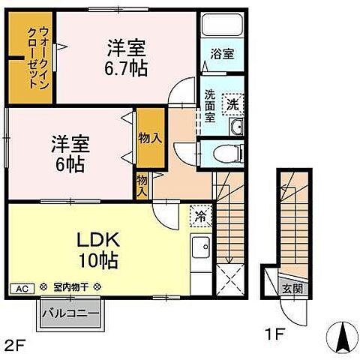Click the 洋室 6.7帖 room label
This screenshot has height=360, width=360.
point(127,57)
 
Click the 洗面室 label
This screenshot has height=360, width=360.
point(211,106)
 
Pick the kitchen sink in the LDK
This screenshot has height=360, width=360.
point(201,248)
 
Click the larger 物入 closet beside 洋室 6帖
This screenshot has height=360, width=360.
point(151,139)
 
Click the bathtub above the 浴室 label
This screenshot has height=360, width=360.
point(222,26)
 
